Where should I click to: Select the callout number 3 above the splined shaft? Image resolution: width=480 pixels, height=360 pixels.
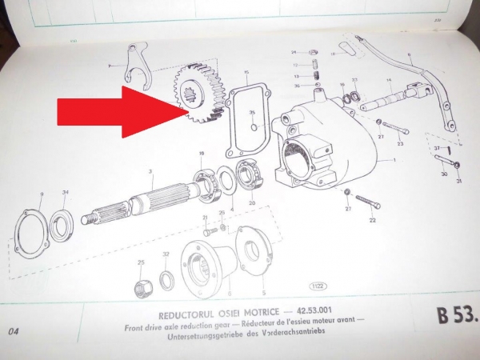coord(150,172)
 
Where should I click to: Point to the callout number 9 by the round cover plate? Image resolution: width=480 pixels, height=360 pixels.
coord(41,194)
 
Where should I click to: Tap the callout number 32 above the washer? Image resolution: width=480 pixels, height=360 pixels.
coord(166,254)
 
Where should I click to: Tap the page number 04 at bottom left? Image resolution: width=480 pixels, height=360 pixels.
coord(13,331)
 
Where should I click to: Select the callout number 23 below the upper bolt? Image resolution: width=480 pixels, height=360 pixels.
coord(399,144)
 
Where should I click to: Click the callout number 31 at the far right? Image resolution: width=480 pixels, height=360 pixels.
coord(459,181)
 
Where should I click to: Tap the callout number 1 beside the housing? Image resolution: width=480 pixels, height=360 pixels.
coord(394,160)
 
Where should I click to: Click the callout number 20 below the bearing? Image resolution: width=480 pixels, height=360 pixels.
coord(251,203)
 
